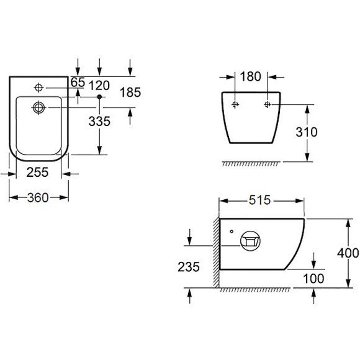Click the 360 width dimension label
[x=38, y=197]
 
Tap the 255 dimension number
[x=37, y=172]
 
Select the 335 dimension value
[x=99, y=121]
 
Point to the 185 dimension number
[x=130, y=92]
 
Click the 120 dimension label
[x=99, y=86]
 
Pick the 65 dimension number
[x=78, y=82]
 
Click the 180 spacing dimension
[x=251, y=76]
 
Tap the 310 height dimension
[x=307, y=132]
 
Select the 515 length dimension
[x=260, y=200]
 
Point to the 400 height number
[x=348, y=253]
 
